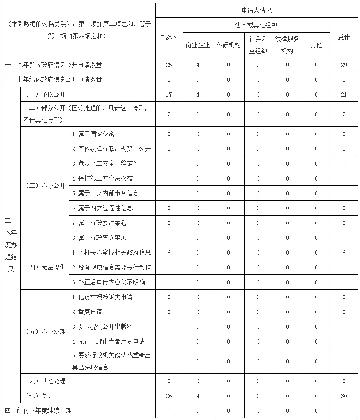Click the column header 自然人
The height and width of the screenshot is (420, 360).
(169, 38)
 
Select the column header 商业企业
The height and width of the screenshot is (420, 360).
(197, 45)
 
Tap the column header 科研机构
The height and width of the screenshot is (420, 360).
(228, 45)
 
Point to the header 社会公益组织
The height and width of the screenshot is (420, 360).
(258, 45)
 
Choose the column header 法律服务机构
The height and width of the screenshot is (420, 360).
(287, 45)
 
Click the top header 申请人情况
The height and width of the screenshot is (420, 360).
(257, 10)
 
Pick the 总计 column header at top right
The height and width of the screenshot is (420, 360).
(344, 38)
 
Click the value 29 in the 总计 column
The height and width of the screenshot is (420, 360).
(344, 65)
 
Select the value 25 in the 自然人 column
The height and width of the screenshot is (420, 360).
(169, 65)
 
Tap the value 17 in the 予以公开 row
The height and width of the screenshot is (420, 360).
(169, 95)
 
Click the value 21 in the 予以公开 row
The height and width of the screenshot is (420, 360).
(344, 95)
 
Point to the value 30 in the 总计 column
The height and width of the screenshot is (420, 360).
(344, 396)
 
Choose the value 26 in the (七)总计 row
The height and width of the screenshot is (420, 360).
(169, 396)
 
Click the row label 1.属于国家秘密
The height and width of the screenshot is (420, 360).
(93, 134)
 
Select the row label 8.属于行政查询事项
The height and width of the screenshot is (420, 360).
(99, 238)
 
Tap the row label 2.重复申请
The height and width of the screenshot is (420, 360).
(87, 312)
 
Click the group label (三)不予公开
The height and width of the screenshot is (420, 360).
(45, 186)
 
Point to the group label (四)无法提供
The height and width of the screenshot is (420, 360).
(45, 268)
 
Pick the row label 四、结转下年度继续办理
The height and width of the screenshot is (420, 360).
(38, 411)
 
